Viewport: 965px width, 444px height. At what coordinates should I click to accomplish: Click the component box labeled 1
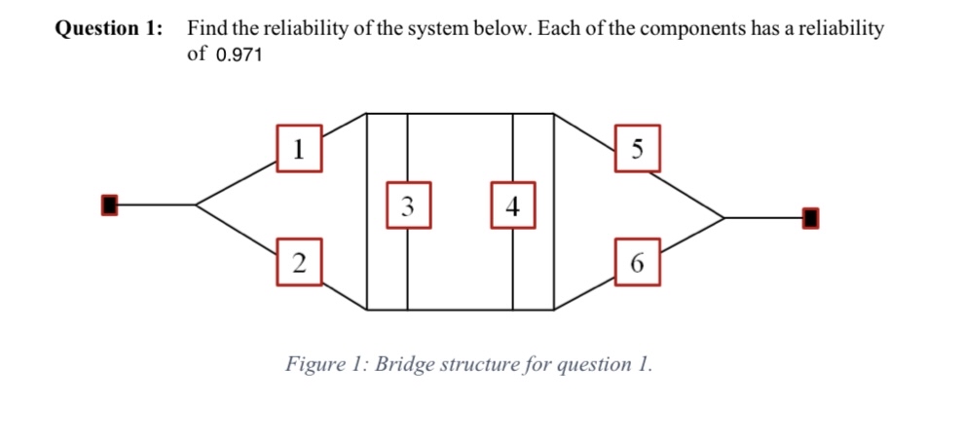click(300, 148)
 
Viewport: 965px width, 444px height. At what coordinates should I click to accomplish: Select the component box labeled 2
click(299, 262)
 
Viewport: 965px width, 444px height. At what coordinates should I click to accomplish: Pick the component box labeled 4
click(513, 205)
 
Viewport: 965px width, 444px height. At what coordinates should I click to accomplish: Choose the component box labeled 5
click(637, 148)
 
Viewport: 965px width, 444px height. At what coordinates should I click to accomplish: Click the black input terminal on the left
click(110, 204)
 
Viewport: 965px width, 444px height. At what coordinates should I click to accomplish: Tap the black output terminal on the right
click(808, 218)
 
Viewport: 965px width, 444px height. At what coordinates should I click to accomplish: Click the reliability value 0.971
click(238, 55)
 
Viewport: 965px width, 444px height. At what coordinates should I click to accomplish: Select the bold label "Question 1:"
click(108, 28)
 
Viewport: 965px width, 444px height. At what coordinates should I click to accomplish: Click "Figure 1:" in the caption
click(326, 365)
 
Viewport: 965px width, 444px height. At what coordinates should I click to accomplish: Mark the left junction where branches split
click(197, 204)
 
